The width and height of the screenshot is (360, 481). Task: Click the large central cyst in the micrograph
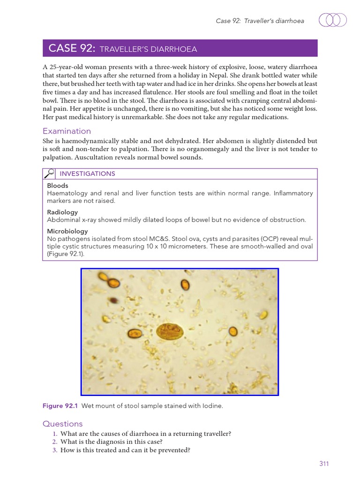(x=169, y=332)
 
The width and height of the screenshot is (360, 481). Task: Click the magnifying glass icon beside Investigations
(x=49, y=174)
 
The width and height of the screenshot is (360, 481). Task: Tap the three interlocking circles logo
(x=333, y=20)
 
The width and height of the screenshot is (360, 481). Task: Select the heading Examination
(x=67, y=131)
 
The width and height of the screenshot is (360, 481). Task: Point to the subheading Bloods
(x=58, y=186)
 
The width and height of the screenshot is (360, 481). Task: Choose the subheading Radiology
(x=62, y=212)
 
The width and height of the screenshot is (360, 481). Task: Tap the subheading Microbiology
(x=67, y=231)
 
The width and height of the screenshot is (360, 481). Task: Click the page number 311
(x=324, y=464)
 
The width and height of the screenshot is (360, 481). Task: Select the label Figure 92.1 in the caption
(x=60, y=406)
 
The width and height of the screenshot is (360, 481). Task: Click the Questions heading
(x=62, y=424)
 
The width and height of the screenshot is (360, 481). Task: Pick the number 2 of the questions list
(x=55, y=442)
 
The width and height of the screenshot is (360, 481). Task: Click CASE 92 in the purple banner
(x=72, y=48)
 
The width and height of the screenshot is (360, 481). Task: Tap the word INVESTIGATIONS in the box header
(x=87, y=174)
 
